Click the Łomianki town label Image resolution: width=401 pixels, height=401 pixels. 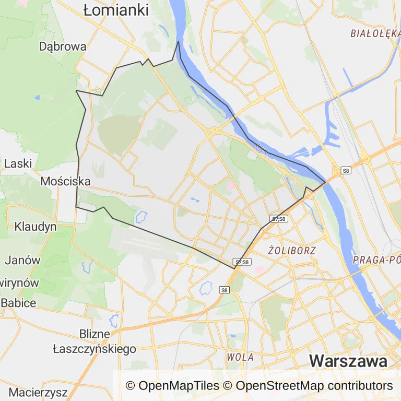coord(116,9)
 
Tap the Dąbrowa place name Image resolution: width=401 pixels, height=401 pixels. coord(63,46)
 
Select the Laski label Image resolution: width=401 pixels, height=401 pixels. coord(18,163)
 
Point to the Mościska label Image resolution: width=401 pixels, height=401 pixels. coord(65,181)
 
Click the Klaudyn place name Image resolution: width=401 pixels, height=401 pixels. coord(36,227)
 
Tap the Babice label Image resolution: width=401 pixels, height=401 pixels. coord(18,303)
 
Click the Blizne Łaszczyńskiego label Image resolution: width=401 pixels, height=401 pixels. coord(95,341)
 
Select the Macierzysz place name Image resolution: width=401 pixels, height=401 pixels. coord(38,391)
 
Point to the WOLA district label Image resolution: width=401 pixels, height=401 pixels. coord(240,357)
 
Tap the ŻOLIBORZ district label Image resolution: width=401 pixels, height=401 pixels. coord(292,250)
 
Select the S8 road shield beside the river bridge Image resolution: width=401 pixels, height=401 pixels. coord(345,170)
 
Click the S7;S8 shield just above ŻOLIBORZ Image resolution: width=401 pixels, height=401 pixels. coord(279,219)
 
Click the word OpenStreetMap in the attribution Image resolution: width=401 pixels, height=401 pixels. coord(280,386)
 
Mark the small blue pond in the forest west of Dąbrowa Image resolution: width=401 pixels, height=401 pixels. coord(37,98)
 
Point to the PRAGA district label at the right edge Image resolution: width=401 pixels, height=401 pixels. coord(376,260)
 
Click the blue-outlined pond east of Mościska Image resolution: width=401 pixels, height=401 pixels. coord(141,216)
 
